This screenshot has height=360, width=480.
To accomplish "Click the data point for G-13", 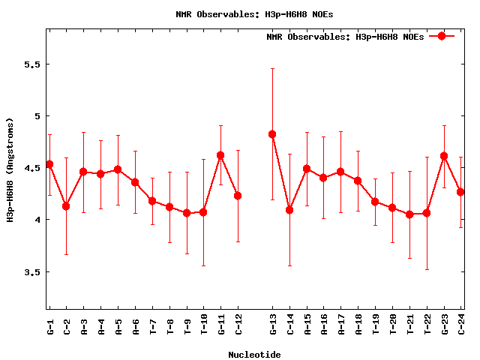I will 272,134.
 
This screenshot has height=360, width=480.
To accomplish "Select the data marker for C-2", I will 66,206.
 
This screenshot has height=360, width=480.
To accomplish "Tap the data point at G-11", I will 220,155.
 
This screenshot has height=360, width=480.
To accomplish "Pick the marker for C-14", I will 289,210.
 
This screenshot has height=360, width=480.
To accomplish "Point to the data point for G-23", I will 444,156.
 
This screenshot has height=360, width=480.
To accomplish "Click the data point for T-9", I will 187,213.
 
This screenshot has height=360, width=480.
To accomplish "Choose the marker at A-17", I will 340,172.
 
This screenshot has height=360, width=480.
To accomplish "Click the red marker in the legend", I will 442,36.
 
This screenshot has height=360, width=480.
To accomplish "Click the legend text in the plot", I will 345,37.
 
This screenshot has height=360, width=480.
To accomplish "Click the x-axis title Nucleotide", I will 255,355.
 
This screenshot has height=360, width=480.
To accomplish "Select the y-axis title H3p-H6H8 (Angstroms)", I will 10,169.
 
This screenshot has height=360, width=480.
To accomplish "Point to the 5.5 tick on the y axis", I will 31,64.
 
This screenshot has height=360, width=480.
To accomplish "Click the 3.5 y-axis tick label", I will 31,272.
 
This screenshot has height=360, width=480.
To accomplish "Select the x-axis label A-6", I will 135,323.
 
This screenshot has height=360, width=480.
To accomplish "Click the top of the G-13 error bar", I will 272,68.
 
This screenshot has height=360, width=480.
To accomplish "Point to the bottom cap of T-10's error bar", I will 203,265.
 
